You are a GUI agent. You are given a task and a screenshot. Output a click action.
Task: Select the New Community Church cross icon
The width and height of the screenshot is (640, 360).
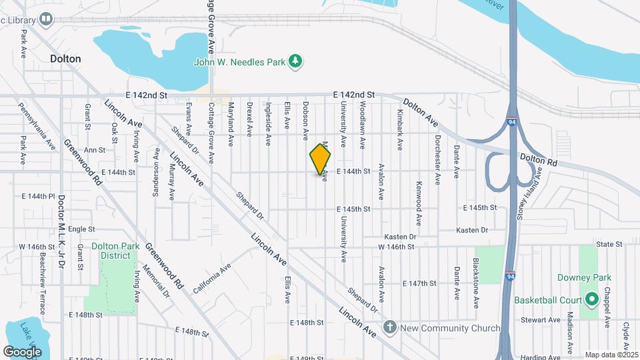click(390, 327)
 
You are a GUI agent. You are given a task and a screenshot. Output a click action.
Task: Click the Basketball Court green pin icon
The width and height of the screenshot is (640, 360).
click(590, 299)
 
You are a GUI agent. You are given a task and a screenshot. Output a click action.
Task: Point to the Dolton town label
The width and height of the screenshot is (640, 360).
click(65, 59)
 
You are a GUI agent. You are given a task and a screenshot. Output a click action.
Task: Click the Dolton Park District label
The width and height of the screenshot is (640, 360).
click(115, 251)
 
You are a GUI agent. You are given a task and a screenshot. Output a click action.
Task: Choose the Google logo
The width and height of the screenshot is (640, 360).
click(22, 351)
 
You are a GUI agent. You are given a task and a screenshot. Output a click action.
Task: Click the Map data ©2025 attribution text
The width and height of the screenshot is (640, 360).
click(611, 355)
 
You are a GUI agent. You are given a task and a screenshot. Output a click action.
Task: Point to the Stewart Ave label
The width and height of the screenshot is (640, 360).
click(540, 320)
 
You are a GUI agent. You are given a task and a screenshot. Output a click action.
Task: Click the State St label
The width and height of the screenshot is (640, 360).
click(609, 245)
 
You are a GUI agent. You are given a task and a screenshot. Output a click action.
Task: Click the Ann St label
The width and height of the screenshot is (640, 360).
click(95, 150)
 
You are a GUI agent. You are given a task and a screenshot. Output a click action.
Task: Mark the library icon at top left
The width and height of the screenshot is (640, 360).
click(46, 19)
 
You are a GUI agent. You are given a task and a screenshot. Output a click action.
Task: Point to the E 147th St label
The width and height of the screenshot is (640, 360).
click(419, 283)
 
